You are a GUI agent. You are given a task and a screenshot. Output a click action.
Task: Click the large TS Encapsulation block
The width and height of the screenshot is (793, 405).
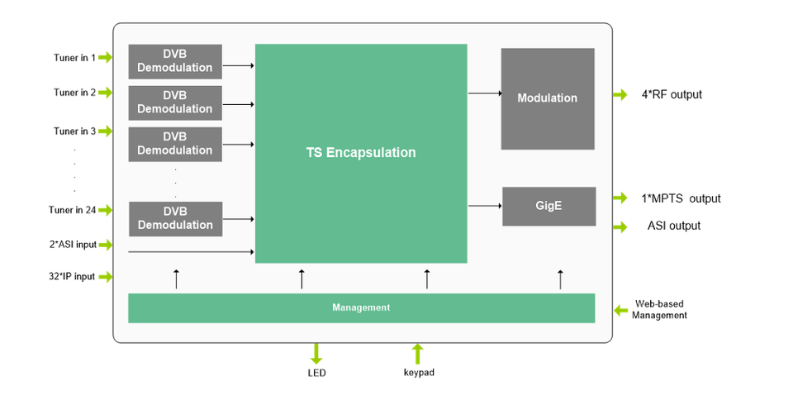point(361,153)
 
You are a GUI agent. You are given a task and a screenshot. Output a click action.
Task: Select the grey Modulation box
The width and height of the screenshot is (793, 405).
point(547,98)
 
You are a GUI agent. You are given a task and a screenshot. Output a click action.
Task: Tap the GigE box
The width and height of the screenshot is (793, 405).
point(548,206)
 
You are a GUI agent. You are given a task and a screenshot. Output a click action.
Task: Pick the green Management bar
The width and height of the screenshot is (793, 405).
point(361,307)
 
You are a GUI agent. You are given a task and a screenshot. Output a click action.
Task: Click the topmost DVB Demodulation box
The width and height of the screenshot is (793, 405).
point(175,61)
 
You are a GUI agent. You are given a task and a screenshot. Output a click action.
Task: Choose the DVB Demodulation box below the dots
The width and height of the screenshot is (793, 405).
point(175,218)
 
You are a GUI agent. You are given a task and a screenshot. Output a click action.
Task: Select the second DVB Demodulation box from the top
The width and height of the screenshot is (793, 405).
point(175,102)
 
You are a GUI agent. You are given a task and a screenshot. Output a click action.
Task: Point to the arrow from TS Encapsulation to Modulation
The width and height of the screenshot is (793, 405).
point(485,93)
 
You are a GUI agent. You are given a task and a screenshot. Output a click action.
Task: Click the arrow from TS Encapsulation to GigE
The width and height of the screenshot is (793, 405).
point(485,206)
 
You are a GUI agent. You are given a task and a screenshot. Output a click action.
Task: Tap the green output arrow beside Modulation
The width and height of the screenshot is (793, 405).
point(621,94)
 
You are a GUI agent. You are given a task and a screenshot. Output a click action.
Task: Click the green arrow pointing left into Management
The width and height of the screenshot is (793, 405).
point(622,311)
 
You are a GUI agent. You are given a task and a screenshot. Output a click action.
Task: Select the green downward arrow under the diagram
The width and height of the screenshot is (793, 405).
point(316,355)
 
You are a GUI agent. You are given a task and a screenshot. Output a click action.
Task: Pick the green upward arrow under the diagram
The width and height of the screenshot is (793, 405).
point(418,354)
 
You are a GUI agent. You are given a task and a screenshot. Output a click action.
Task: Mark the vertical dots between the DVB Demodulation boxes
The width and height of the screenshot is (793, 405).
point(175,183)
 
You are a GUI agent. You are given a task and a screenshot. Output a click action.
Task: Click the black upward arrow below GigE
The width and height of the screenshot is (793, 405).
point(560,279)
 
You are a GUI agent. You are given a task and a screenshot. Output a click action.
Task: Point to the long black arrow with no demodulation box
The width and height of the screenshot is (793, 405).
point(191,251)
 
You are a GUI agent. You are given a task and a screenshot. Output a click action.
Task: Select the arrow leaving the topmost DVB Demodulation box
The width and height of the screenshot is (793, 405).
point(239,64)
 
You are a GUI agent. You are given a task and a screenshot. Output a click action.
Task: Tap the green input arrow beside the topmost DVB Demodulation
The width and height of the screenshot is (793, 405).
point(105,57)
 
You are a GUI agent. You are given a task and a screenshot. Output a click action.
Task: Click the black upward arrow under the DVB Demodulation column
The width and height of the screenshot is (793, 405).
point(176,279)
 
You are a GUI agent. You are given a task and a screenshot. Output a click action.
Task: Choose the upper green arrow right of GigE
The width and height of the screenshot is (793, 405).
point(621,197)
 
